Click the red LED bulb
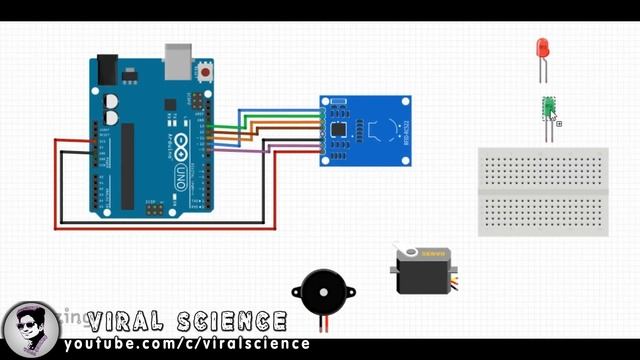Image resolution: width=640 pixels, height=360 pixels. coord(542,47)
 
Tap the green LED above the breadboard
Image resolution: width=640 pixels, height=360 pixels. coord(548,108)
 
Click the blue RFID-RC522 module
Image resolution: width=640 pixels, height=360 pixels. coord(365,130)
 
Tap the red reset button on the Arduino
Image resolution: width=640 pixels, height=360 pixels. coord(206,73)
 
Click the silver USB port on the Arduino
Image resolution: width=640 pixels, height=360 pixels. coord(178,60)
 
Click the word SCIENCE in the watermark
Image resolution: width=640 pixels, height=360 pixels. coord(230,322)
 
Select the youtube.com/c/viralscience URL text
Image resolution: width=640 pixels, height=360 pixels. coord(187,345)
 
